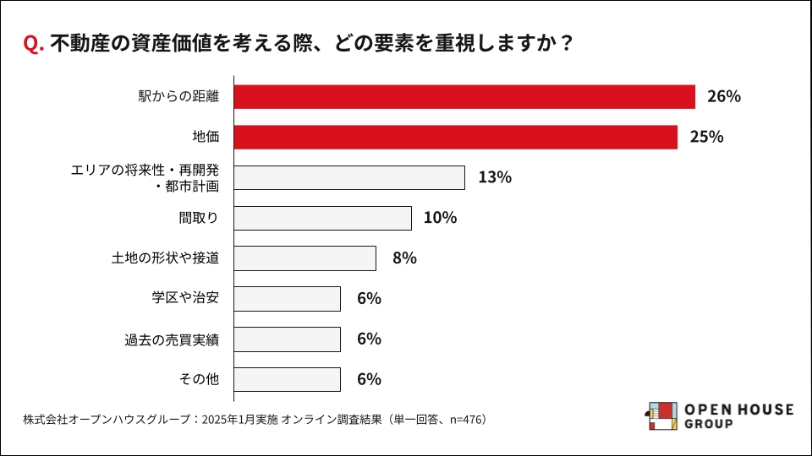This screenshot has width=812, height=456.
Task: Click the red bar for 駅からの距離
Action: [x=464, y=97]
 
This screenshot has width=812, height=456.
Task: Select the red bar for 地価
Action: [x=455, y=137]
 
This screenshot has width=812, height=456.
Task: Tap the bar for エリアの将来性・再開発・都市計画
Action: [x=348, y=177]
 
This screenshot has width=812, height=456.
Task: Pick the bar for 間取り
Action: [x=322, y=218]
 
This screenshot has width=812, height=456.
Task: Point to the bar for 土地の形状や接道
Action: [x=304, y=258]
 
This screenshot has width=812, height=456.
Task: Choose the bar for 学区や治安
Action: [x=287, y=299]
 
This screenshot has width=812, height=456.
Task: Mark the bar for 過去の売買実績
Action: [x=287, y=339]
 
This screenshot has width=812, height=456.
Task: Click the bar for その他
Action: [x=287, y=379]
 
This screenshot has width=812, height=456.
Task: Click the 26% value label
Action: [x=724, y=97]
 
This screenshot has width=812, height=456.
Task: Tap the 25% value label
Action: [x=706, y=137]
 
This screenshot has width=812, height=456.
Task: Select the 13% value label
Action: [x=495, y=177]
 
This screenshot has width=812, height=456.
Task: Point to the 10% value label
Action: [x=440, y=218]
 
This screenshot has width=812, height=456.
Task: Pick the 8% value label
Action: [x=404, y=258]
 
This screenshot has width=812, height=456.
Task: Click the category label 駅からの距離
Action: [x=178, y=97]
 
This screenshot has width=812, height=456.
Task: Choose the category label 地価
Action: [x=206, y=137]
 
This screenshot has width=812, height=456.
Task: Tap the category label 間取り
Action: [x=199, y=218]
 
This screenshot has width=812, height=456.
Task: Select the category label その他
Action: [x=199, y=379]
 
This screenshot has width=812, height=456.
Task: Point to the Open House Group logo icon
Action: [x=661, y=416]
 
